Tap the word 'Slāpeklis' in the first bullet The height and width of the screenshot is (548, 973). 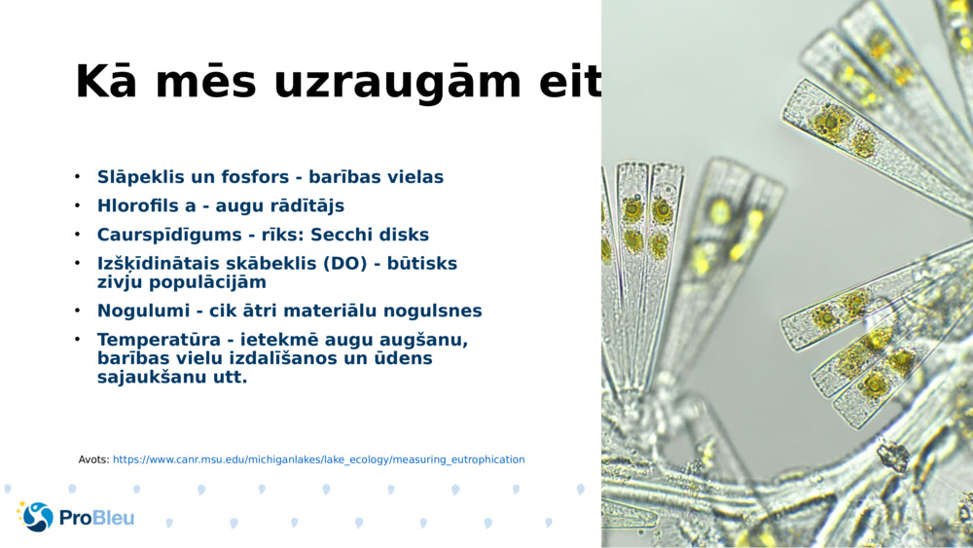pos(142,177)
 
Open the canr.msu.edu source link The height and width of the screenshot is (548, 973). pos(318,459)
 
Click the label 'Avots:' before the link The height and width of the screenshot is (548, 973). pos(93,459)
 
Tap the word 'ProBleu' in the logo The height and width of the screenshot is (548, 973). pos(97,518)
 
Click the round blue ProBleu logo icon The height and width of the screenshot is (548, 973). pos(38,517)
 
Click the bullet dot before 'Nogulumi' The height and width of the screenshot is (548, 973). pos(77,311)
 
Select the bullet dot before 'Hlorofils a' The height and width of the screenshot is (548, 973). pos(77,206)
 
